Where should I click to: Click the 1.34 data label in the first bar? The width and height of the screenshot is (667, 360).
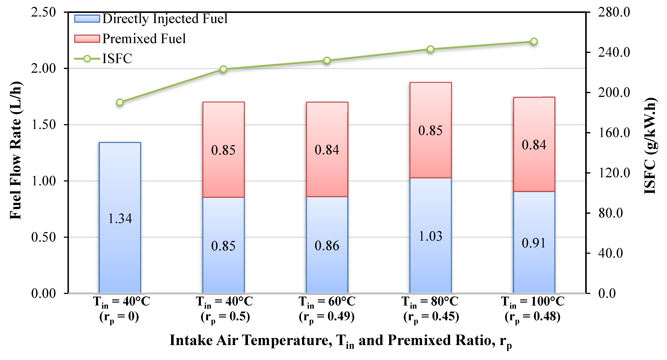point(120,219)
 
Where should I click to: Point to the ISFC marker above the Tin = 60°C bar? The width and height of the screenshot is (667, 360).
point(327,61)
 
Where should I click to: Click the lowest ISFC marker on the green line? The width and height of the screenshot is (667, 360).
point(120,102)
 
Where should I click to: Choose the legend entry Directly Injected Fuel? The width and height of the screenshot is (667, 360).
point(165,19)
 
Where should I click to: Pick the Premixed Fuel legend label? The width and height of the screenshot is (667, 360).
point(144,39)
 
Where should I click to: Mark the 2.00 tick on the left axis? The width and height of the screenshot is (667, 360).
point(43,69)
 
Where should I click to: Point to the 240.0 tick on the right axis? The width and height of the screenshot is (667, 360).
point(614,52)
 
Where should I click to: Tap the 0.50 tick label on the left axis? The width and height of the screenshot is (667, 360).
point(43,237)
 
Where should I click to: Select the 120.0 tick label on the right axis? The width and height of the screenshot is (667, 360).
point(614,173)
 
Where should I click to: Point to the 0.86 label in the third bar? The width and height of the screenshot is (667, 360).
point(327,246)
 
